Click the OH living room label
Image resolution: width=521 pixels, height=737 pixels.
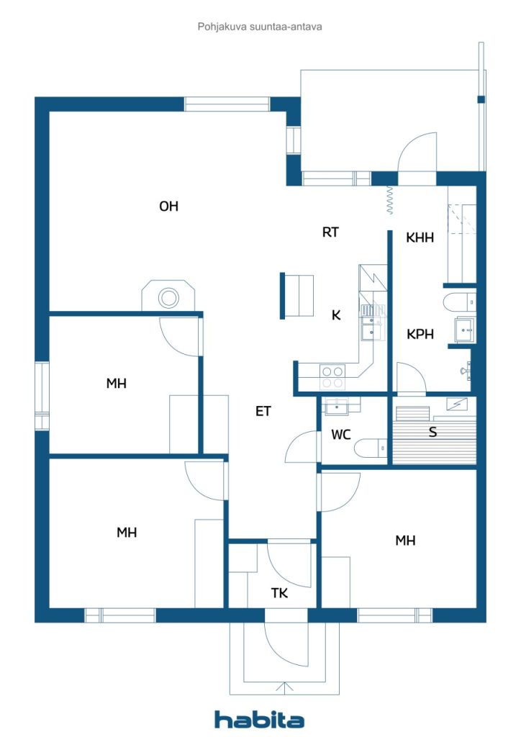point(168,206)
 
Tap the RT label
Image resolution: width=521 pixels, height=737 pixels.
point(330,232)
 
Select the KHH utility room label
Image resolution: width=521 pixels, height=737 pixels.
point(420,238)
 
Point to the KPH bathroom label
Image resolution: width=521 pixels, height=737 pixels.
point(420,334)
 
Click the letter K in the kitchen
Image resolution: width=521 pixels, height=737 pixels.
point(336,315)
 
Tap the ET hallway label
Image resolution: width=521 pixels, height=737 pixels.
point(263,411)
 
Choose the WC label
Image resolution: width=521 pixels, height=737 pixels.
point(340,434)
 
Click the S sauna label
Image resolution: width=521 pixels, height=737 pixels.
point(432,432)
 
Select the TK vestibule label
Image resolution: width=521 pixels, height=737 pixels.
point(279,593)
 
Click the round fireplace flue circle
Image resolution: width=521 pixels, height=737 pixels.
point(168,297)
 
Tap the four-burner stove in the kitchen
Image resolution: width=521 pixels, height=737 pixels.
point(332,377)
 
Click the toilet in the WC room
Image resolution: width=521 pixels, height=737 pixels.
point(370,448)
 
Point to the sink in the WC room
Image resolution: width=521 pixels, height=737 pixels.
point(337,406)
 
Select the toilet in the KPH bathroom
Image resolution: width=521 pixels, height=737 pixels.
point(459,302)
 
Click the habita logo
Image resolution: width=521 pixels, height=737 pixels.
point(259,720)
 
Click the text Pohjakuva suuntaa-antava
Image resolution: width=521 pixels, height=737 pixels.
point(260,27)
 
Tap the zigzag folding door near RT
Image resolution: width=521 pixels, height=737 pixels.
point(389,200)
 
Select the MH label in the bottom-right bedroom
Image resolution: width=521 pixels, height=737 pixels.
point(405,541)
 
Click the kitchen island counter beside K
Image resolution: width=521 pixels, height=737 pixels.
point(297,296)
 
